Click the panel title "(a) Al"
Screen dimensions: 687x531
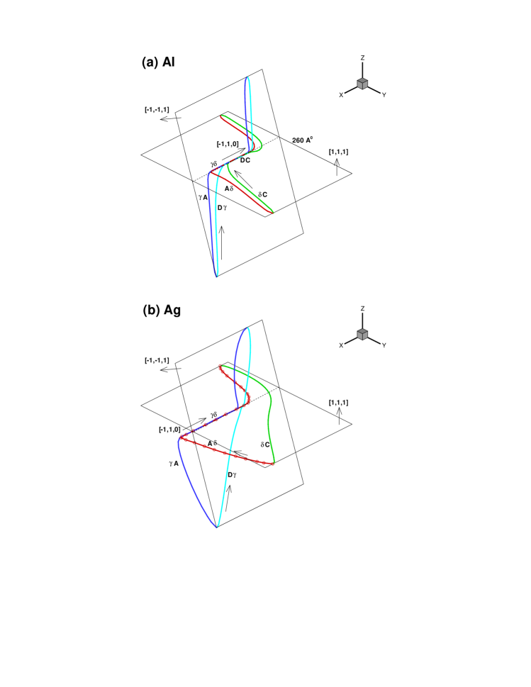point(159,62)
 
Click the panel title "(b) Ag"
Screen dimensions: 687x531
point(161,310)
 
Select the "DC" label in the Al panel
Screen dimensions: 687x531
point(245,161)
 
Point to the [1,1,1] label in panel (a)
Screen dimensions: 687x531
point(338,152)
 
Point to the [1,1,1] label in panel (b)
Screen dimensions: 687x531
point(338,402)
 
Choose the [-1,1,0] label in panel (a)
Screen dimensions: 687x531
point(229,144)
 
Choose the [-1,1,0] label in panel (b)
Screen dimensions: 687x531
point(171,429)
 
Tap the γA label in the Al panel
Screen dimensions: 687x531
point(202,197)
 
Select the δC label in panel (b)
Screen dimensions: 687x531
point(265,445)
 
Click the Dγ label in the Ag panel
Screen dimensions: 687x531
point(232,474)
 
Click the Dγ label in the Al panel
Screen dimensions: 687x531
point(222,207)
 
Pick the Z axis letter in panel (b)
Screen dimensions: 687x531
point(362,309)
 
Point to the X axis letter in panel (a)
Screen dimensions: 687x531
point(341,94)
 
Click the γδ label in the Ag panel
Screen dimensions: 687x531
point(213,414)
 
